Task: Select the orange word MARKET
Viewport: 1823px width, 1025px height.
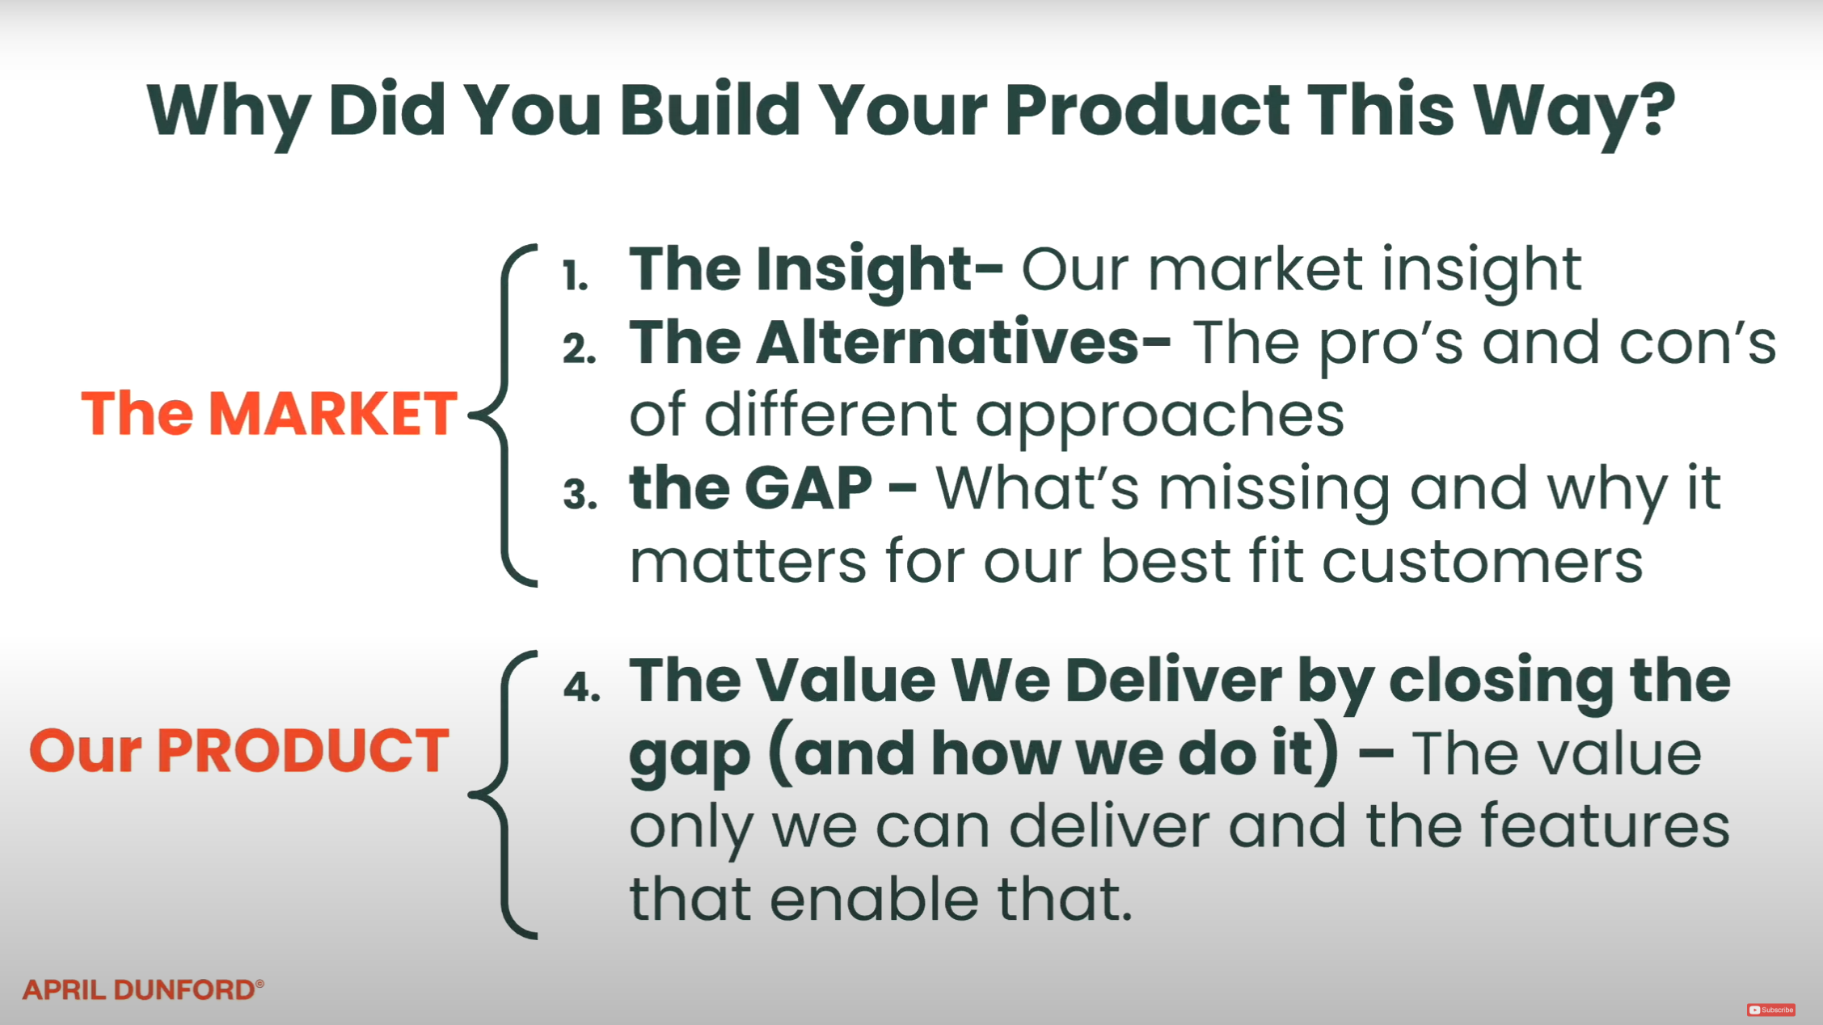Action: click(333, 414)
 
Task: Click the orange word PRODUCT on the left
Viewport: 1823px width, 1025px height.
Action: click(303, 750)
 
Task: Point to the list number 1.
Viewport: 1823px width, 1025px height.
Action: click(575, 276)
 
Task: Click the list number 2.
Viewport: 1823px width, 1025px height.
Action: click(580, 348)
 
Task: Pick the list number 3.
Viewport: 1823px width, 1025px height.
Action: click(580, 494)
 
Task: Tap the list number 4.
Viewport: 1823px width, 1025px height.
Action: click(582, 687)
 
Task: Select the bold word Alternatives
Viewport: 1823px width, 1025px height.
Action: click(948, 342)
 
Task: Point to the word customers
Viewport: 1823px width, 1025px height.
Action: click(1482, 561)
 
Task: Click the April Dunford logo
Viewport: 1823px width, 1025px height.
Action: click(143, 989)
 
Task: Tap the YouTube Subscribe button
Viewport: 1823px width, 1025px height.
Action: click(1770, 1010)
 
